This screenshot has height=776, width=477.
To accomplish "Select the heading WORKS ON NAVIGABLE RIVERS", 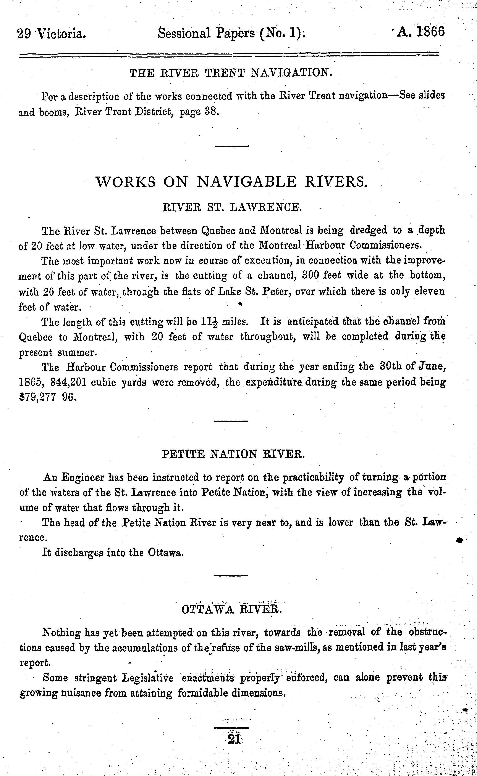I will pos(231,182).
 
